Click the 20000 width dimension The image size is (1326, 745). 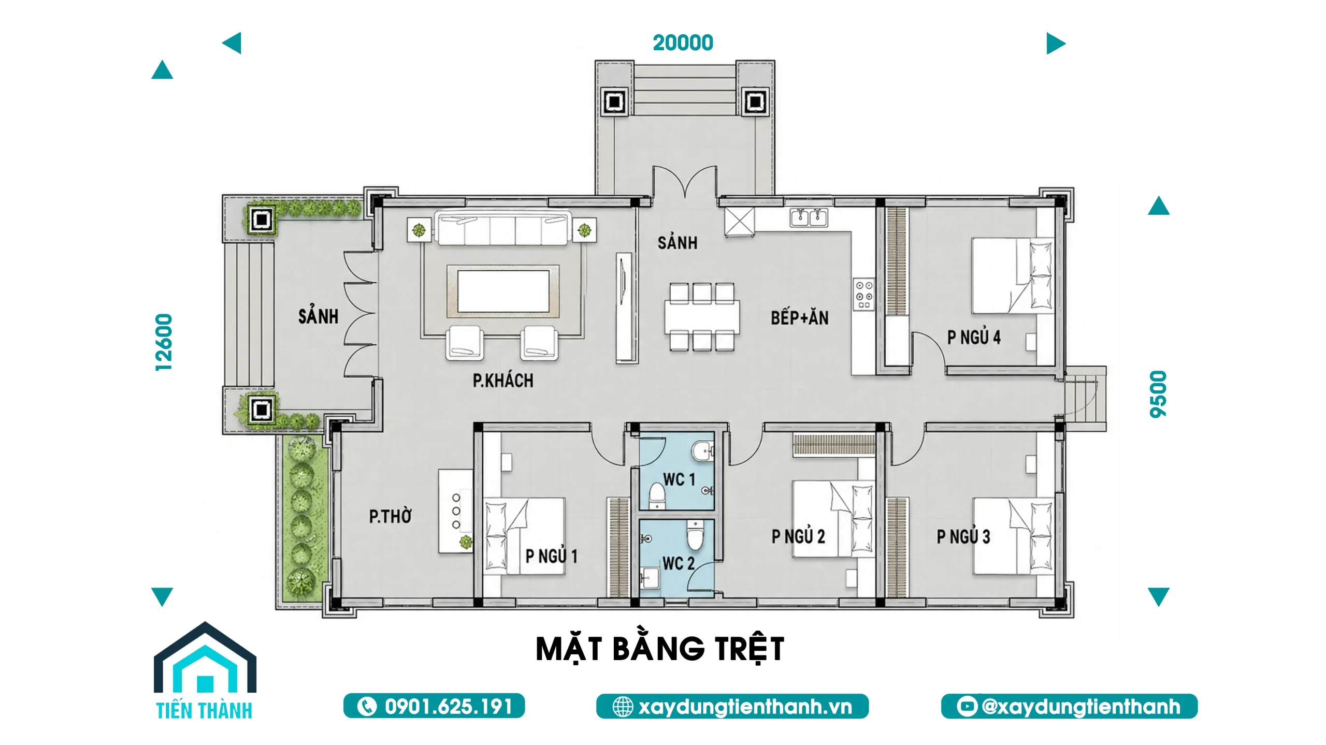(683, 43)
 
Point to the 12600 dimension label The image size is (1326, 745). (164, 342)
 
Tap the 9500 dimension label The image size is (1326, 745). (1158, 394)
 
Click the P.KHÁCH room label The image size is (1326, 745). (502, 381)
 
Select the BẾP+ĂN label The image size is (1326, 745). (799, 318)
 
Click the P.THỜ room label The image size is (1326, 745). (390, 516)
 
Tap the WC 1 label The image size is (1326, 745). (679, 479)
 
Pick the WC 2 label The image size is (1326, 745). (678, 563)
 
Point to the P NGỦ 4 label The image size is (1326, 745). (974, 338)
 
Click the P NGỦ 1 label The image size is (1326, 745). (551, 556)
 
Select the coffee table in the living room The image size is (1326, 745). (503, 291)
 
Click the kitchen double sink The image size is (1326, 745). (809, 217)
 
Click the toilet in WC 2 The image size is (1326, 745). (694, 535)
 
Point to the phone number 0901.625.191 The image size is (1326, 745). (449, 707)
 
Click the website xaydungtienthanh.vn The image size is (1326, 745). (745, 707)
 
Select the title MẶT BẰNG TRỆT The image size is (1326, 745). (660, 649)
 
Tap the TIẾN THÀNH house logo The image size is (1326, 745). (205, 670)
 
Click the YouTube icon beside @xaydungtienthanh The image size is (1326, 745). (967, 707)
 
